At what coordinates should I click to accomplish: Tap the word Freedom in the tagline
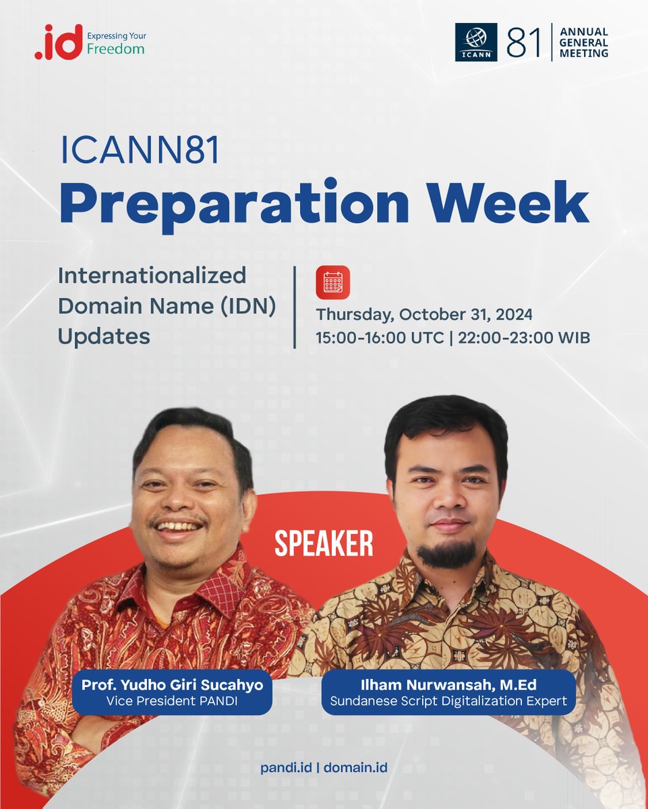[x=115, y=49]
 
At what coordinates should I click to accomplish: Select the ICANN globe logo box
[x=476, y=42]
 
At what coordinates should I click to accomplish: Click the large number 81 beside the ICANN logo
[x=525, y=42]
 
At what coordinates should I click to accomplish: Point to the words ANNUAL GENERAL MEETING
[x=583, y=42]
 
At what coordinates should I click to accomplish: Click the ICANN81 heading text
[x=140, y=152]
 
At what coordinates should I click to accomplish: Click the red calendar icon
[x=333, y=282]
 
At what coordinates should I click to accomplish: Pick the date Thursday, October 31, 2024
[x=424, y=315]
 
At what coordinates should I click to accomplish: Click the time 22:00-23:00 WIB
[x=524, y=338]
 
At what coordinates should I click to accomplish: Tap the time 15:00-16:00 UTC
[x=380, y=338]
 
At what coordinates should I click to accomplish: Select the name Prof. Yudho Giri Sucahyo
[x=172, y=685]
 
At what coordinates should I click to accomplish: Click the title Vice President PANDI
[x=172, y=701]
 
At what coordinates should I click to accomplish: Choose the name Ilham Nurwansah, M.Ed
[x=448, y=685]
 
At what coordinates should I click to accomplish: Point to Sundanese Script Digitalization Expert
[x=448, y=701]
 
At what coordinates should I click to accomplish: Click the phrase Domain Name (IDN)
[x=167, y=305]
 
